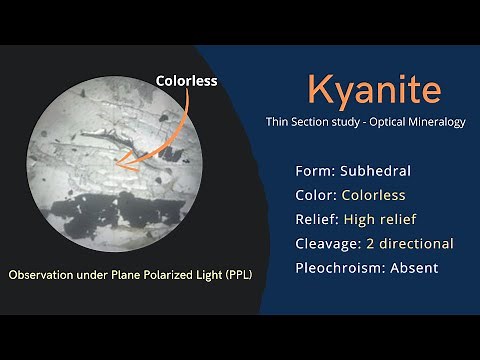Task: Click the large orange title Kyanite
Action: (x=374, y=90)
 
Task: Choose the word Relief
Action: (x=319, y=219)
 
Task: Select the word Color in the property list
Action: (x=317, y=194)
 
